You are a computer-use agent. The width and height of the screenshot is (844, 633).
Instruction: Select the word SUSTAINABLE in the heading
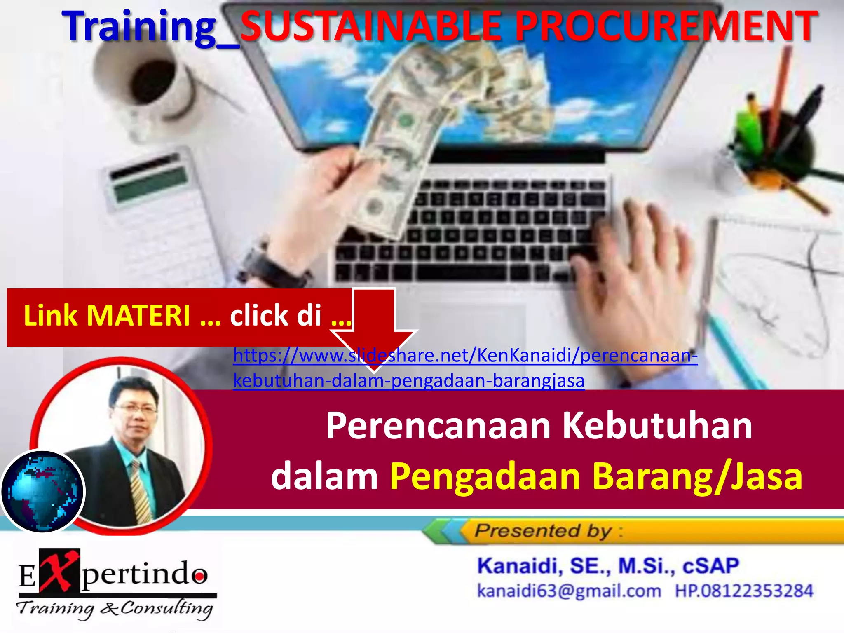371,26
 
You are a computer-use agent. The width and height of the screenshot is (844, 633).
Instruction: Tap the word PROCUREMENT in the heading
666,26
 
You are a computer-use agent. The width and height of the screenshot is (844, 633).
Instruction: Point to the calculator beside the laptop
161,214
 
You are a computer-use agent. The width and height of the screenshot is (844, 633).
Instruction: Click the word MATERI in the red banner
138,316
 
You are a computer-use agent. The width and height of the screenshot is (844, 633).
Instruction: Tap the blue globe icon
42,491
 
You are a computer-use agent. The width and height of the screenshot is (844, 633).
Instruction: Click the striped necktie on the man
141,492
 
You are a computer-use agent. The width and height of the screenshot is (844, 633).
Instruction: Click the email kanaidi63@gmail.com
569,591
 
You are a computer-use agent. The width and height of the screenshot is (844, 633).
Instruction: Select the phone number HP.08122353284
744,591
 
